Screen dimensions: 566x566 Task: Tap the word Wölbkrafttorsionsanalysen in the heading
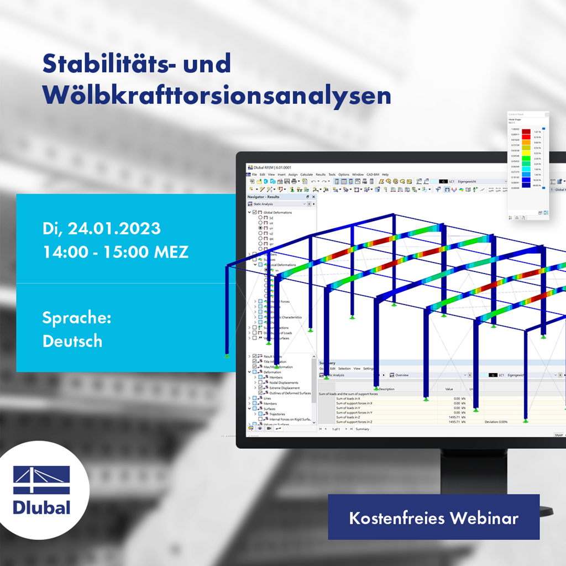(217, 95)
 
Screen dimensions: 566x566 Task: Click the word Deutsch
(72, 341)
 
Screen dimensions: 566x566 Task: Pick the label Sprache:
(77, 318)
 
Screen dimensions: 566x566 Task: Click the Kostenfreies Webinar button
(433, 518)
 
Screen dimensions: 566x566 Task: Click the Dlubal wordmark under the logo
(42, 507)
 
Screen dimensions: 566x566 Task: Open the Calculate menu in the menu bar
(306, 175)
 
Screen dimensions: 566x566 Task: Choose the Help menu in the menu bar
(385, 175)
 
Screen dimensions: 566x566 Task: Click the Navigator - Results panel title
(264, 197)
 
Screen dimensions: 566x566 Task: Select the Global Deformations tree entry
(277, 212)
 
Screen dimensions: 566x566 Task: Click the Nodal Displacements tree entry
(284, 382)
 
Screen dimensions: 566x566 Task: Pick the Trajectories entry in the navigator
(274, 414)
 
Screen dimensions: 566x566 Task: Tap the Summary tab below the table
(362, 429)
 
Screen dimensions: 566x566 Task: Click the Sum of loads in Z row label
(348, 417)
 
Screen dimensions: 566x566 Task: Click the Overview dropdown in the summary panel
(402, 375)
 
